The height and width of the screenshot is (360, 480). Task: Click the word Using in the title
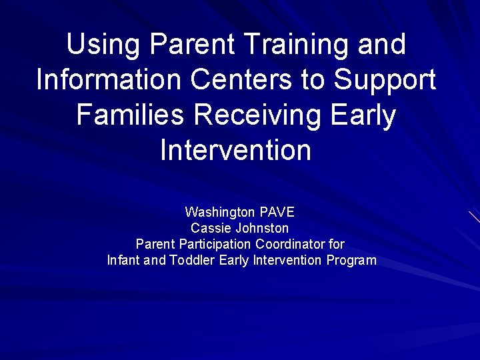pos(103,45)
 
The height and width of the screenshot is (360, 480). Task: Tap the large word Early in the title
pos(366,116)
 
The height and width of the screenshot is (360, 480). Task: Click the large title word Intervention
pos(235,150)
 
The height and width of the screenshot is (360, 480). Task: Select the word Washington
pos(219,213)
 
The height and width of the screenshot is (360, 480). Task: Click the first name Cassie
pos(210,228)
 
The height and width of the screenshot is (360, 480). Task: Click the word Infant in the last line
pos(123,260)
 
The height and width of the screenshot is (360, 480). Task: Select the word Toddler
pos(192,260)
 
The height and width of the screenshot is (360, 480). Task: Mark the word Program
pos(351,261)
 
